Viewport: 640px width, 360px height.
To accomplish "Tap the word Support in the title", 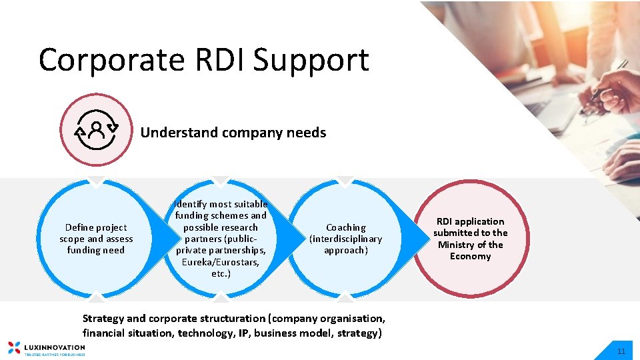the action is pos(312,61).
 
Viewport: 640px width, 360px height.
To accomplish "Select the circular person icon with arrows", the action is pos(97,129).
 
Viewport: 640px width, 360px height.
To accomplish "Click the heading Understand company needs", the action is pos(233,133).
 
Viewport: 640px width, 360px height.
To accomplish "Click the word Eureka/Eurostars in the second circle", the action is pos(220,262).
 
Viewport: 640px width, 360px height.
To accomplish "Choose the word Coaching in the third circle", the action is pos(345,227).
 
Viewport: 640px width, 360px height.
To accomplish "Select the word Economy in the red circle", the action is pos(470,257).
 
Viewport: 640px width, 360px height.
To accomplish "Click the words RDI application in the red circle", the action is pos(470,221).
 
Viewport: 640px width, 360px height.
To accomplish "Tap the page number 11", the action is pos(621,351).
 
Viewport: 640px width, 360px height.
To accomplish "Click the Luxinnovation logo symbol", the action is pos(13,347).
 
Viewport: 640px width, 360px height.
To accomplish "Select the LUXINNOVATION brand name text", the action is pos(55,347).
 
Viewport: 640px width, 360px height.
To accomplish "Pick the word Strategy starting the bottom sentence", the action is pos(103,319).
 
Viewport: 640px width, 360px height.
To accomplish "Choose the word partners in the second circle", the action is pos(203,239).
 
